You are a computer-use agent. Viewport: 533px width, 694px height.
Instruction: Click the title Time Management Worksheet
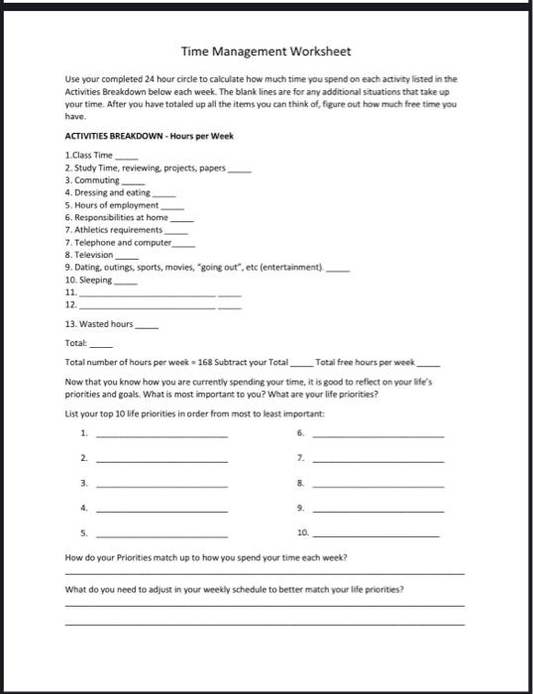(x=266, y=51)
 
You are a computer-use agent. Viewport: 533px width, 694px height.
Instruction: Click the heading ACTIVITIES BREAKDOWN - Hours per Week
(x=149, y=136)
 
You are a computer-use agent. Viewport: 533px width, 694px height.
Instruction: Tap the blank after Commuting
(x=134, y=181)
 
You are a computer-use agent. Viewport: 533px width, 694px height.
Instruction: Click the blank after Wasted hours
(x=147, y=325)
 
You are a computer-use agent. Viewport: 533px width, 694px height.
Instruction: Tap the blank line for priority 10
(x=377, y=536)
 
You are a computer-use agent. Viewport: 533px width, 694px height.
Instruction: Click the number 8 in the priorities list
(x=299, y=484)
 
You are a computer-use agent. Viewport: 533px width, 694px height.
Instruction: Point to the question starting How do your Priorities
(x=206, y=558)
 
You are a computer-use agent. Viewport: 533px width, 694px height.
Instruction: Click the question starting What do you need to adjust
(x=234, y=589)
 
